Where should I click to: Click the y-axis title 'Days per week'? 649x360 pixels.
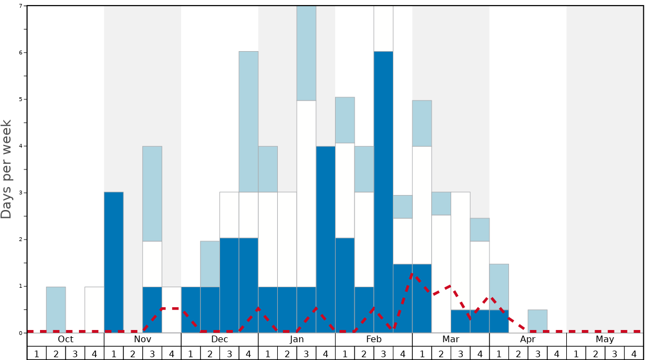[x=7, y=169]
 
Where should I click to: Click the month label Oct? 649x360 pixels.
[x=66, y=339]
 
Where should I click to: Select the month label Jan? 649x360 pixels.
[x=297, y=339]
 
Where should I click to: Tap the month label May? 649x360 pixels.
[x=605, y=339]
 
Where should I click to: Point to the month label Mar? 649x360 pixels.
[x=451, y=339]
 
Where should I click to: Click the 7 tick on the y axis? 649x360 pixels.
[x=21, y=6]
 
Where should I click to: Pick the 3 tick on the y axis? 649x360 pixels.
[x=21, y=193]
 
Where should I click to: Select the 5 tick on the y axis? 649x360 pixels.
[x=21, y=99]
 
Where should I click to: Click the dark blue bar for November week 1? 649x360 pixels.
[x=114, y=262]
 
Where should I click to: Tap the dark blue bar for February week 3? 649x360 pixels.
[x=383, y=192]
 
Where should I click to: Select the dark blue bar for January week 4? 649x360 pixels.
[x=326, y=239]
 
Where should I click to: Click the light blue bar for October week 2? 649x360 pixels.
[x=56, y=309]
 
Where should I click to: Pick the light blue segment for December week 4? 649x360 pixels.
[x=248, y=122]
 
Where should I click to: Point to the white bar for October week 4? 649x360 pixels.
[x=94, y=309]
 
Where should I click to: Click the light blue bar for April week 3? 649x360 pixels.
[x=537, y=321]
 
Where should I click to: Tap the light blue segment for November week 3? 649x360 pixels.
[x=152, y=193]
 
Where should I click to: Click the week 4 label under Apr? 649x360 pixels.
[x=557, y=353]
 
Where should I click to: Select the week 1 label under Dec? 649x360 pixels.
[x=191, y=353]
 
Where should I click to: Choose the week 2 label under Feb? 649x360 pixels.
[x=364, y=353]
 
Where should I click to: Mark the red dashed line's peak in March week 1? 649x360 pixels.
[x=412, y=273]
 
